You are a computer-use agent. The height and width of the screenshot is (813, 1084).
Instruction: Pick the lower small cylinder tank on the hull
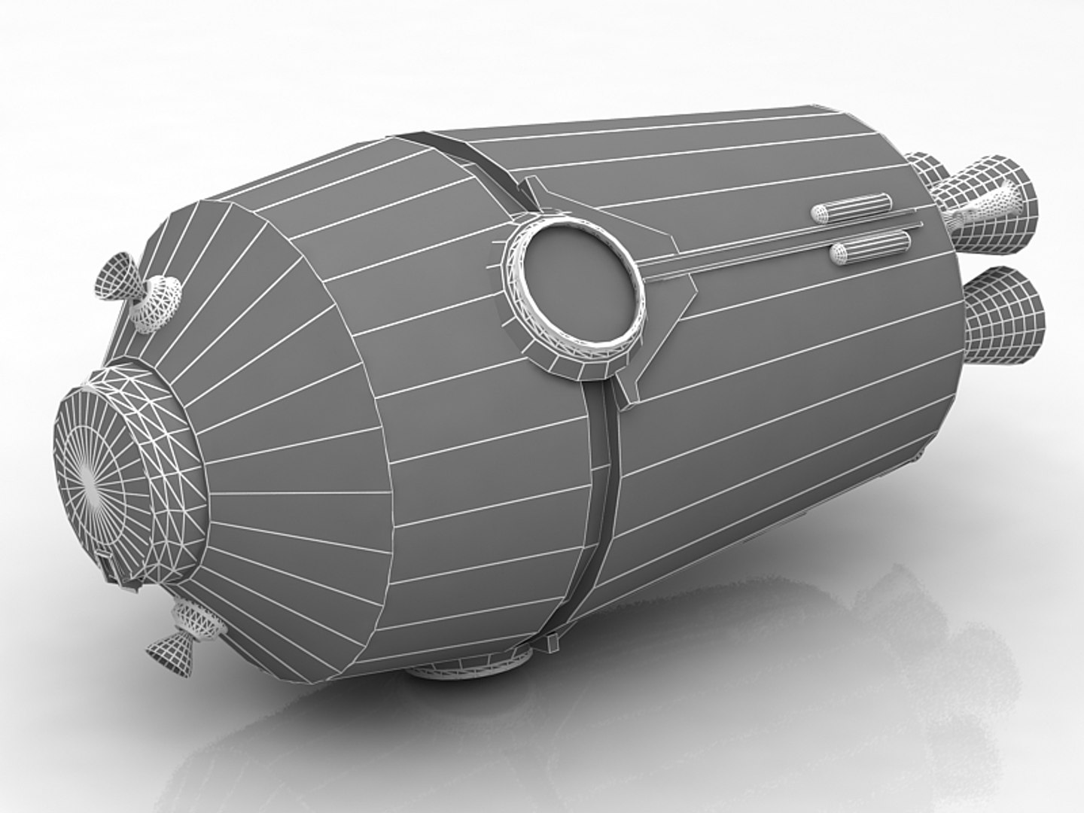[869, 248]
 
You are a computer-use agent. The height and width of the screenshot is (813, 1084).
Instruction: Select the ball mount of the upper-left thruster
[158, 301]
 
